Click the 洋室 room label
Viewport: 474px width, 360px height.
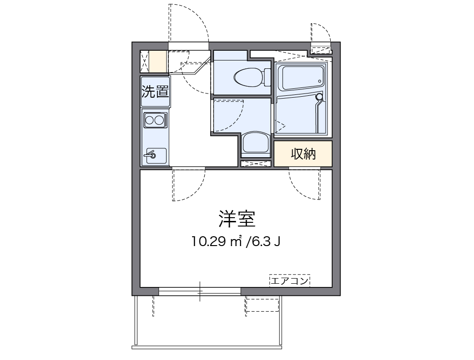[237, 218]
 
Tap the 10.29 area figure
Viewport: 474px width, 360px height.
[209, 241]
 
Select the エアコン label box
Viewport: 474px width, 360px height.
[289, 280]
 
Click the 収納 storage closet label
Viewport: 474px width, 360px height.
[303, 154]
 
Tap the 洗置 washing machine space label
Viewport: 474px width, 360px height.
[155, 92]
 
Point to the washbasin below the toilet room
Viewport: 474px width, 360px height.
[255, 143]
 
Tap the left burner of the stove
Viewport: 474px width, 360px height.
[150, 120]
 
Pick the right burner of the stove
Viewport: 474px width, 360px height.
[160, 120]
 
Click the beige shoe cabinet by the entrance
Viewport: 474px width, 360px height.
[158, 61]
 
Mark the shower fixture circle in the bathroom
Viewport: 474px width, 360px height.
[319, 97]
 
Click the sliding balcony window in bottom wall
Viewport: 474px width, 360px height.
[200, 292]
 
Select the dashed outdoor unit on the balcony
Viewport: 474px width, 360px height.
[262, 304]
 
